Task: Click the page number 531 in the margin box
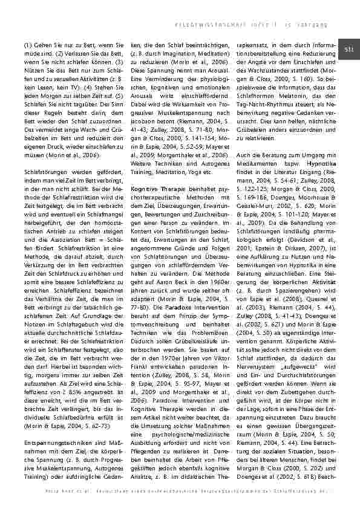coord(349,49)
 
